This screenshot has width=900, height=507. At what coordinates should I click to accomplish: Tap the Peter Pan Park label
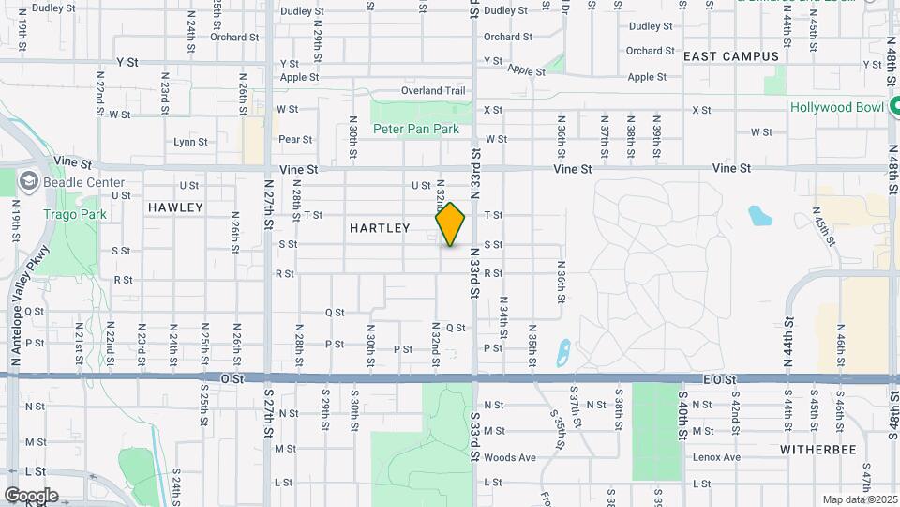point(415,128)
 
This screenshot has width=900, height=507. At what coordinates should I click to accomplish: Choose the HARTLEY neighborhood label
point(380,228)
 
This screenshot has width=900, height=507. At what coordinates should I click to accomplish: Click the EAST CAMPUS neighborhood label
point(731,56)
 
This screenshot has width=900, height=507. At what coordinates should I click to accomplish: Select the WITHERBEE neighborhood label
point(818,450)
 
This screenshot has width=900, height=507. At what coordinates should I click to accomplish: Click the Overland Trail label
point(433,91)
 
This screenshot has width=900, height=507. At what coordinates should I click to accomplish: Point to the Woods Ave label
point(510,458)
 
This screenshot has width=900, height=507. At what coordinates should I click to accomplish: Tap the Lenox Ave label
point(717,458)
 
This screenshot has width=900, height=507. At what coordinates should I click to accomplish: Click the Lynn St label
point(190,143)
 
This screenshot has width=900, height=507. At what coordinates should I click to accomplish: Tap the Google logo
point(30,495)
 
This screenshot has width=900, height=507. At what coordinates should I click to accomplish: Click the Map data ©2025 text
point(860,499)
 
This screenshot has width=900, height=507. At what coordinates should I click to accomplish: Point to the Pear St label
point(295,139)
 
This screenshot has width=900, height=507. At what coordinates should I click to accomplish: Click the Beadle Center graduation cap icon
point(29,180)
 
